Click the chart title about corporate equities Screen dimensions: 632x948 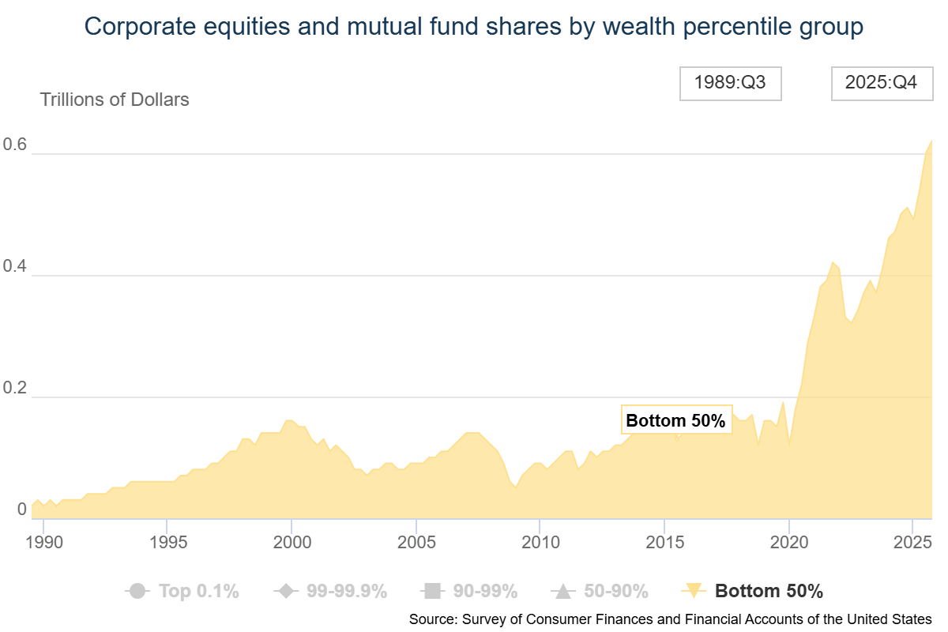click(474, 27)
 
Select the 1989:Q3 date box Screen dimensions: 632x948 click(730, 83)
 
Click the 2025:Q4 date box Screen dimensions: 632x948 click(881, 83)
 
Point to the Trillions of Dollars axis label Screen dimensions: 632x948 click(115, 100)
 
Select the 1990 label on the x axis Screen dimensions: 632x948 click(43, 544)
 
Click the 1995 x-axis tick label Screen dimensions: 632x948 click(167, 544)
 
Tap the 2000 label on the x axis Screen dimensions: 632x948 click(291, 544)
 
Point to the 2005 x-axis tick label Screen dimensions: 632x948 click(415, 544)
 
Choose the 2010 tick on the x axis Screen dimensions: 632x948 click(539, 544)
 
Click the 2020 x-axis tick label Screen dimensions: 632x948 click(788, 544)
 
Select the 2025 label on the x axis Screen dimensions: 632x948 click(912, 544)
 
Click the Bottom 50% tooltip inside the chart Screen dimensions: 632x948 click(675, 421)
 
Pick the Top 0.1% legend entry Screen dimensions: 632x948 click(182, 591)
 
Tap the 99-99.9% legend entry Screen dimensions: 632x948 click(329, 591)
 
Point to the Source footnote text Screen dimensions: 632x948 click(670, 619)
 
